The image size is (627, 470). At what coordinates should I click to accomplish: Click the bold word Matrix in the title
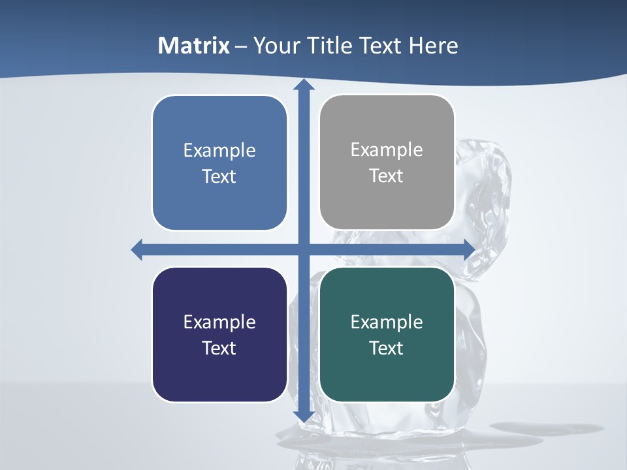coord(194,46)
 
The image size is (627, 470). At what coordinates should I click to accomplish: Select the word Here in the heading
coord(433,46)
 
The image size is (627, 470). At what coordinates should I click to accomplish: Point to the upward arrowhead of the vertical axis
coord(304,86)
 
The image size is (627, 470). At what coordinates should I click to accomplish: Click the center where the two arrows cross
coord(304,249)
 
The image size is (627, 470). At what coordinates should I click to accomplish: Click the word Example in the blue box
coord(219,151)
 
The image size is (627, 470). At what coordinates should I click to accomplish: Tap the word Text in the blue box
coord(219,177)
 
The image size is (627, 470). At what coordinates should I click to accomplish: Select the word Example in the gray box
coord(387,150)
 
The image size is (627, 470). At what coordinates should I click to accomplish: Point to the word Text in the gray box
coord(387,176)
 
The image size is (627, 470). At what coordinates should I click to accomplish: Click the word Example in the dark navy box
coord(219,322)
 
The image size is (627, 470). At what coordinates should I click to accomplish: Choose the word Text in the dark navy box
coord(219,349)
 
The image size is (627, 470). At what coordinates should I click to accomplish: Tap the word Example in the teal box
coord(387,322)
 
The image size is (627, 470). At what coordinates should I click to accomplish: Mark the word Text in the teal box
coord(387,349)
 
